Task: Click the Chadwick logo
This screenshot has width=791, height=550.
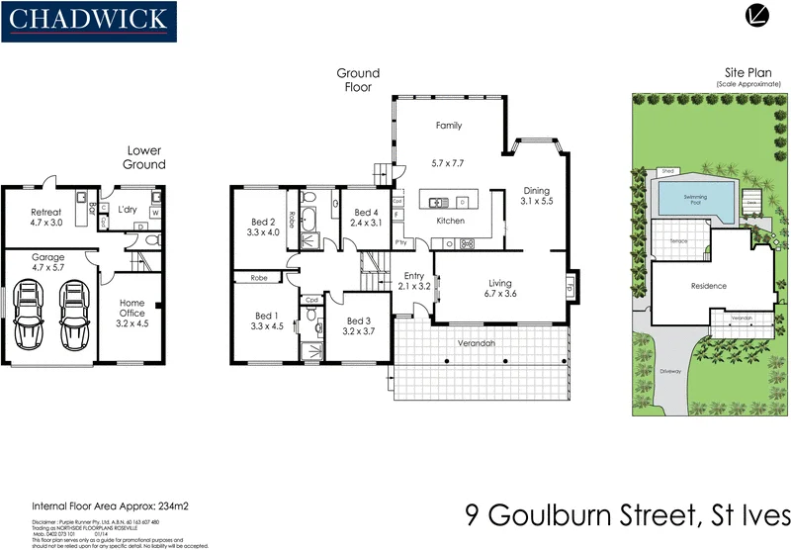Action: [89, 20]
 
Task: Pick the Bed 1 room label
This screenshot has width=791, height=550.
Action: [266, 321]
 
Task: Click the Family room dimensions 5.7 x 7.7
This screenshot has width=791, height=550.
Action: [448, 162]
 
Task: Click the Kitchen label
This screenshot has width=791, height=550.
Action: [450, 221]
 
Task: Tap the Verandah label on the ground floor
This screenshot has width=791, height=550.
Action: [477, 344]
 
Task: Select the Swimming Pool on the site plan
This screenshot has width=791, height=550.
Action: [694, 196]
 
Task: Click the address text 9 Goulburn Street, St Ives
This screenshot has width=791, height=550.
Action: [627, 516]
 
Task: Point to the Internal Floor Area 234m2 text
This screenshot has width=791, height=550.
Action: [110, 505]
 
